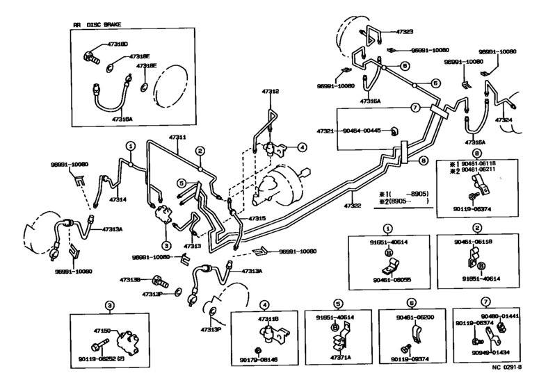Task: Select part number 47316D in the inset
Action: click(x=118, y=44)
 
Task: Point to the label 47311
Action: click(x=177, y=138)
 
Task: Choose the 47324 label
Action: click(x=505, y=120)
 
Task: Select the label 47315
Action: click(x=257, y=218)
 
